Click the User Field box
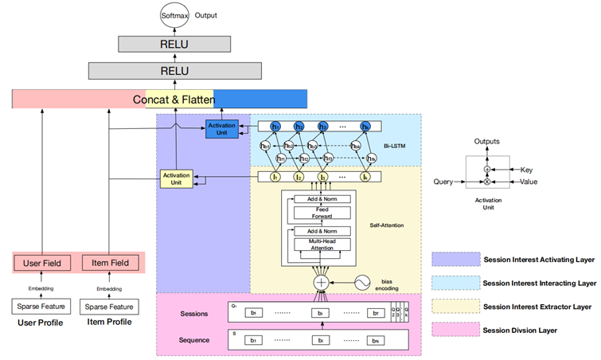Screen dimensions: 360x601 43,262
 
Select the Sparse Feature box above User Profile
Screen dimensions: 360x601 43,306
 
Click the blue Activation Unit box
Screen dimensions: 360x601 221,128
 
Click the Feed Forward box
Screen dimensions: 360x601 311,213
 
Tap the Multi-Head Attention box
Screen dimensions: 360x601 311,245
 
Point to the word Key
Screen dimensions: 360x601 526,170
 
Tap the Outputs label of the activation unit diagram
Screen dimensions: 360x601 486,142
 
